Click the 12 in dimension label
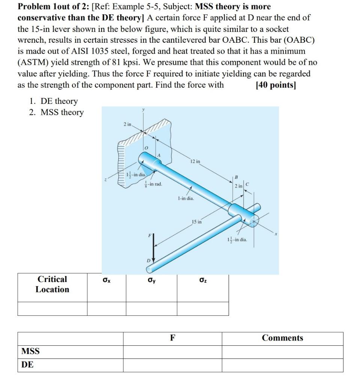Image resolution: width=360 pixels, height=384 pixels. [195, 162]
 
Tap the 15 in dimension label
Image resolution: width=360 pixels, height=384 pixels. [197, 222]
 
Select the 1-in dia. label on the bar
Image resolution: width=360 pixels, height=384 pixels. [186, 198]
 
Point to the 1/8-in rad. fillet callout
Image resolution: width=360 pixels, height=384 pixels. [153, 184]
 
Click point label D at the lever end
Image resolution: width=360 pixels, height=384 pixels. [148, 260]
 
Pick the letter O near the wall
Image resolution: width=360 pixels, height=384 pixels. [148, 149]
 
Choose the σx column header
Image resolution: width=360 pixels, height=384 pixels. [106, 280]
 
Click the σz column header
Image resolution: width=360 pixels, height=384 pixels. [202, 280]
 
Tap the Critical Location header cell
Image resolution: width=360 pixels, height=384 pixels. [52, 284]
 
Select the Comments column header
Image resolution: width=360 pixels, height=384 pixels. [282, 338]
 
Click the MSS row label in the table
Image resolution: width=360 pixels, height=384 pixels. [31, 351]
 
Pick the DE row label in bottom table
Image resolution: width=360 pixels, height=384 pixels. [27, 364]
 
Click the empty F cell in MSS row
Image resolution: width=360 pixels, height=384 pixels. [172, 352]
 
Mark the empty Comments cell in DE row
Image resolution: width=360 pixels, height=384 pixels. [282, 365]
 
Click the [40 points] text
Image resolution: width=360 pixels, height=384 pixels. [276, 85]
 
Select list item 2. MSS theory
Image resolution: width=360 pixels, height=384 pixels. [56, 112]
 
